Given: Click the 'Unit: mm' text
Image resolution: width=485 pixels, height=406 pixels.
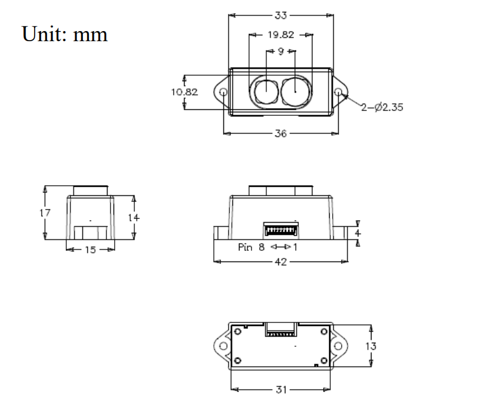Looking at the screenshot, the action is (65, 34).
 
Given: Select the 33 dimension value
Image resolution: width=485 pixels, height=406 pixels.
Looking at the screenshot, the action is (281, 15).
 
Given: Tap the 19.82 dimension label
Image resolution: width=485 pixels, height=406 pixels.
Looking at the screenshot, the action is (281, 35).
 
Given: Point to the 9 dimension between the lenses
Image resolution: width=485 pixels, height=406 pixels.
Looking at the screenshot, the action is (281, 51).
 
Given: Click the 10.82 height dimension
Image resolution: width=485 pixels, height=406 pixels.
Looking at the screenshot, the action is (185, 92).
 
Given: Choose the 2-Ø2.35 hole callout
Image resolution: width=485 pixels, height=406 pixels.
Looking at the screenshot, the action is (382, 107).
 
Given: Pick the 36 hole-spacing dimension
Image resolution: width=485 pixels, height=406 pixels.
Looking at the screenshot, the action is (281, 133).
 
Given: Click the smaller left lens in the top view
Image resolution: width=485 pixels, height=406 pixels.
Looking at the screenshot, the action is (266, 91).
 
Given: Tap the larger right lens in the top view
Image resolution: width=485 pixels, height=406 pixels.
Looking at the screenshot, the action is (295, 91).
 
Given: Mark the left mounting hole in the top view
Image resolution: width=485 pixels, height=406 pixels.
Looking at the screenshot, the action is (223, 92).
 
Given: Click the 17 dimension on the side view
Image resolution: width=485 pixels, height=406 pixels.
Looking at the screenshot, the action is (45, 213).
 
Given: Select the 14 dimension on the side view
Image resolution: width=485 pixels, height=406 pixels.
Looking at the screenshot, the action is (134, 218).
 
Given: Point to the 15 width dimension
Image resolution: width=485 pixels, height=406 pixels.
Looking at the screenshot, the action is (90, 250).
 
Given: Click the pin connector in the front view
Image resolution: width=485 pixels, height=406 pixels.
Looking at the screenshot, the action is (281, 229).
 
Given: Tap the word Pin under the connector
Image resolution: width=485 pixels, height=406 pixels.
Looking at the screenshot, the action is (245, 247).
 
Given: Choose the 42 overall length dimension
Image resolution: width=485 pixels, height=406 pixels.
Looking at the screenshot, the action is (281, 262).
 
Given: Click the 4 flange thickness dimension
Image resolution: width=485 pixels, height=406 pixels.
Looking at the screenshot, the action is (358, 233).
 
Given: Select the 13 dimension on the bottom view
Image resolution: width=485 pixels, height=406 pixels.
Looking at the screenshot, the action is (370, 346).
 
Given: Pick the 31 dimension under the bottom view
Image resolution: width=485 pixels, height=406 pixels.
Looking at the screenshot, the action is (281, 390).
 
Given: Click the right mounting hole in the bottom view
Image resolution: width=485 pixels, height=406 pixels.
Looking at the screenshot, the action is (338, 346).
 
